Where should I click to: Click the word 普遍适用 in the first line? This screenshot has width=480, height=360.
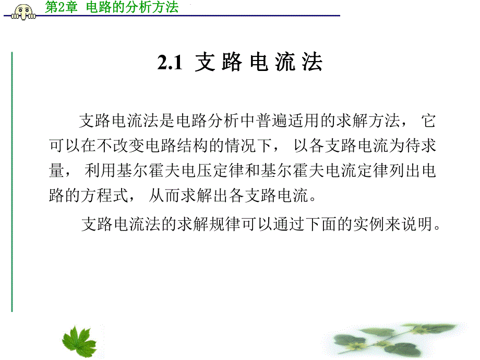point(279,122)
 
